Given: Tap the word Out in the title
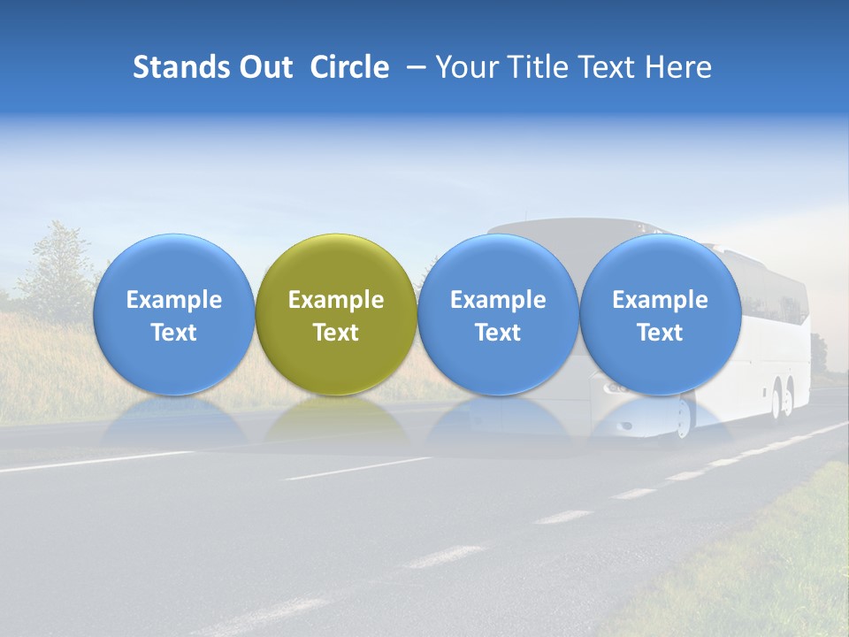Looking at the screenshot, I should (264, 67).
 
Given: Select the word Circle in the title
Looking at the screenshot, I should (349, 67).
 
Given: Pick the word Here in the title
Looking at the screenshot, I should (678, 67).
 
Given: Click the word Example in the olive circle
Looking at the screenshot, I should (336, 300).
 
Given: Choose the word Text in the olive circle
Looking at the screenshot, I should (336, 333).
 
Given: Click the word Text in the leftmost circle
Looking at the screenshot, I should (173, 333).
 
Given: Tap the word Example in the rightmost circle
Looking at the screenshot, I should (660, 300).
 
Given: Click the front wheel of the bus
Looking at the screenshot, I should (683, 418).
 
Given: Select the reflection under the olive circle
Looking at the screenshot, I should (336, 420).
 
